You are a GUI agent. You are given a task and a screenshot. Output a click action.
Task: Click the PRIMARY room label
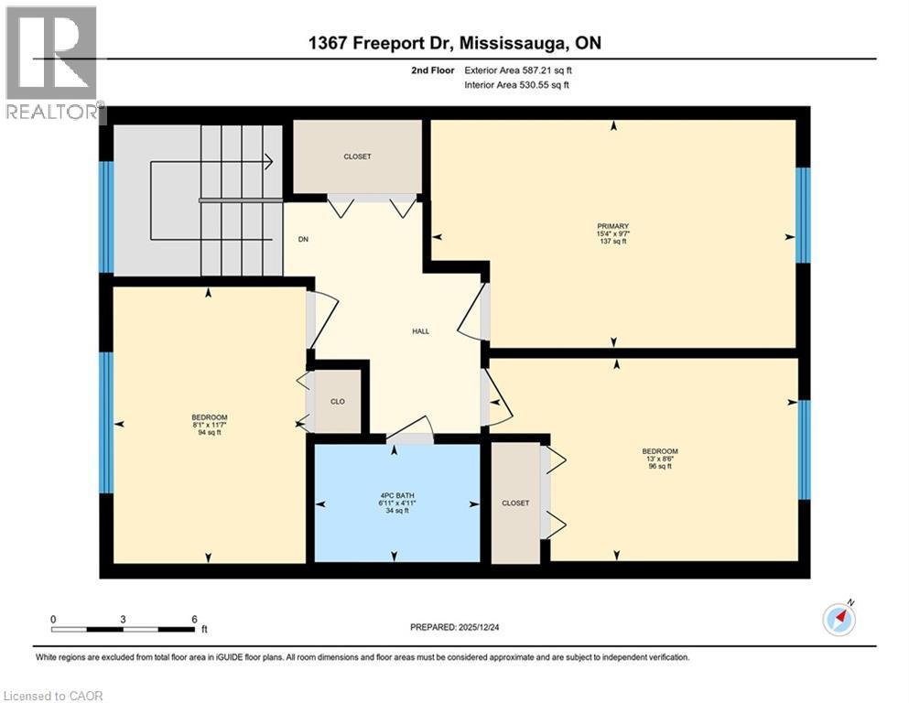(612, 225)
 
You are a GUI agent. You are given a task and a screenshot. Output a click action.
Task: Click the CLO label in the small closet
(338, 401)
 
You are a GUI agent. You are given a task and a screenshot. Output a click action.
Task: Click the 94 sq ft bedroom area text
(210, 433)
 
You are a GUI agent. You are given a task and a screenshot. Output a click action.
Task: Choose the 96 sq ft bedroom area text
(659, 466)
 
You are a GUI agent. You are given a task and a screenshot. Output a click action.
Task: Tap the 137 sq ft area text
(612, 242)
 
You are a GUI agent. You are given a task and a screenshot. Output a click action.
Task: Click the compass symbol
(839, 620)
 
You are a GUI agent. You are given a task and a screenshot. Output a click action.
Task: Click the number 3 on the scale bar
(123, 618)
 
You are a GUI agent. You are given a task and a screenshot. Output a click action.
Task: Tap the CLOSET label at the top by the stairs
(357, 157)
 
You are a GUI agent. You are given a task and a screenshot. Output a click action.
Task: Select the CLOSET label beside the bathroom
(515, 503)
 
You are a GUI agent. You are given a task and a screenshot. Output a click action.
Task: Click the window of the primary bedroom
(803, 215)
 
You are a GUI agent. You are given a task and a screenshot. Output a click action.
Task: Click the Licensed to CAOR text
(53, 696)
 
